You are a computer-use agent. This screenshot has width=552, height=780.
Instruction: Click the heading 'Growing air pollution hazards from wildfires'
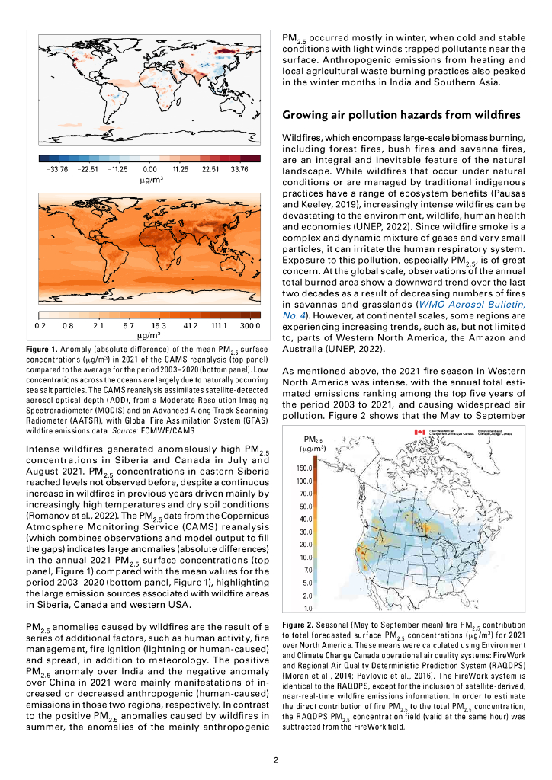(401, 116)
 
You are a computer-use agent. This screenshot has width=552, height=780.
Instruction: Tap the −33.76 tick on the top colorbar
(59, 170)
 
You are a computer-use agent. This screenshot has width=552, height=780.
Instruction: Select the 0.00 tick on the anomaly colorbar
(149, 170)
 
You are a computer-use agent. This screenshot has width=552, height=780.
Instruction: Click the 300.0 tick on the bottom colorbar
(250, 325)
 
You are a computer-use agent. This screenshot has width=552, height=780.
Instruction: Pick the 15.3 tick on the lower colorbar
(159, 325)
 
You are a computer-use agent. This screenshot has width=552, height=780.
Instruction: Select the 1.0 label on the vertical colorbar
(308, 608)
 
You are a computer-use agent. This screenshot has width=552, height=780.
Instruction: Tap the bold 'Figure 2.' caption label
(300, 624)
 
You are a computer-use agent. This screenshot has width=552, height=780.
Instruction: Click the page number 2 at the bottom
(276, 759)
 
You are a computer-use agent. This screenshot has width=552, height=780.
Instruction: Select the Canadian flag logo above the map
(419, 432)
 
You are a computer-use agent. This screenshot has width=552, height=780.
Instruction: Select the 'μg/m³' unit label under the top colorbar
(149, 180)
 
